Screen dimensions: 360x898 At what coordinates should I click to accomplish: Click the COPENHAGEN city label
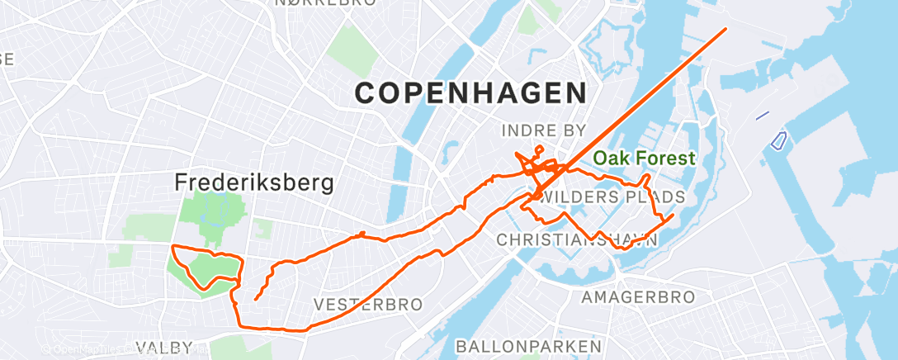point(470,92)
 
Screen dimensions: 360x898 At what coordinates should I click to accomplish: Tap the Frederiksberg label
point(255,182)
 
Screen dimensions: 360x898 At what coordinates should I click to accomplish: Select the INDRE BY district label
point(543,130)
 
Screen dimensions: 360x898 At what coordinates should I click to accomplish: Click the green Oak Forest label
point(644,158)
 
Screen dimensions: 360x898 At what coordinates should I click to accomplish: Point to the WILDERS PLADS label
point(611,197)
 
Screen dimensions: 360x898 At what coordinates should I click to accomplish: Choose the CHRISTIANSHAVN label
point(577,239)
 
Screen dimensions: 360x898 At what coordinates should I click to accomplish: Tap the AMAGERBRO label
point(638,296)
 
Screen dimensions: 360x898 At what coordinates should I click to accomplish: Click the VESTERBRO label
point(368,305)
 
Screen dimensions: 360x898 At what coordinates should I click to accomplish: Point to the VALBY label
point(164,348)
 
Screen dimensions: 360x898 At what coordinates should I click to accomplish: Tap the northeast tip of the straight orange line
point(725,29)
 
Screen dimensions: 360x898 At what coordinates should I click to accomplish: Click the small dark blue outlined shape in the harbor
point(777,140)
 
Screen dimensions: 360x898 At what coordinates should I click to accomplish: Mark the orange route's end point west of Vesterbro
point(256,299)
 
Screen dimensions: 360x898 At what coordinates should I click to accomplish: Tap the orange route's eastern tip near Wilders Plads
point(673,216)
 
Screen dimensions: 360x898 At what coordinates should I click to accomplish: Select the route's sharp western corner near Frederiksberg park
point(172,247)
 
